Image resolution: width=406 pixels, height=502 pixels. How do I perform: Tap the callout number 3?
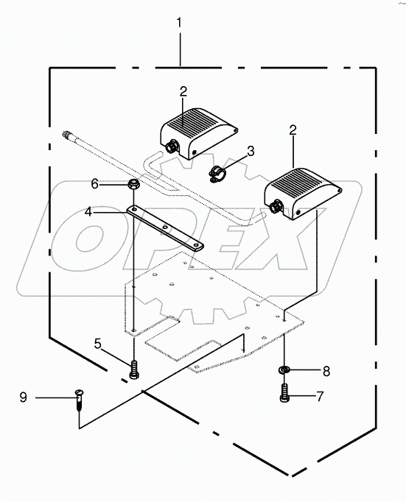coord(251,151)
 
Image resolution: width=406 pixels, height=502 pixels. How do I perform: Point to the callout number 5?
coord(97,343)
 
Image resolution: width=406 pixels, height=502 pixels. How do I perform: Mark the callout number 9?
coord(23,398)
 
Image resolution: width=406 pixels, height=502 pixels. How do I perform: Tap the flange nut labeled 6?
coord(133,185)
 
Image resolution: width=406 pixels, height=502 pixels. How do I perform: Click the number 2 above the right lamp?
coord(293,130)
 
